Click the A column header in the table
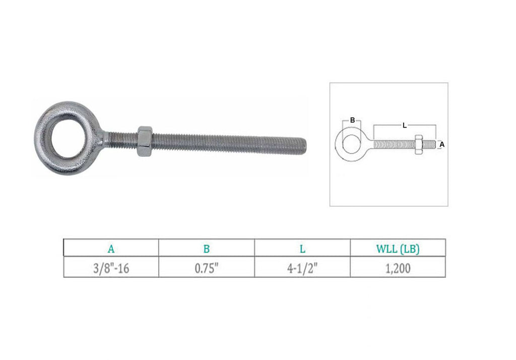tap(111, 249)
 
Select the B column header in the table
tap(206, 249)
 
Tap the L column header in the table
tap(302, 249)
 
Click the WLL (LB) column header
tap(398, 249)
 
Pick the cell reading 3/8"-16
tap(111, 268)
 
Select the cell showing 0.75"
tap(206, 268)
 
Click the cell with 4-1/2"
tap(302, 268)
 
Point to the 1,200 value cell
tap(398, 268)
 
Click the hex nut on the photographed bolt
tap(144, 141)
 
